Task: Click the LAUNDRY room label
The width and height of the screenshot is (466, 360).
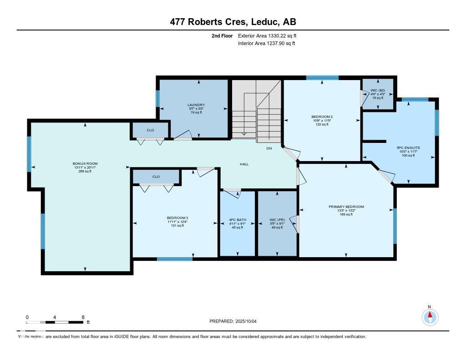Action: pyautogui.click(x=193, y=104)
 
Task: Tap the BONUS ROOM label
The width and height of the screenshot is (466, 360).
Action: pyautogui.click(x=85, y=163)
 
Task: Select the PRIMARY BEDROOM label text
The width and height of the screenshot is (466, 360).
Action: pyautogui.click(x=346, y=207)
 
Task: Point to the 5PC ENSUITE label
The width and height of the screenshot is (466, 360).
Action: pyautogui.click(x=408, y=148)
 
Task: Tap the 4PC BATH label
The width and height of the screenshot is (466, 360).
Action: pyautogui.click(x=237, y=220)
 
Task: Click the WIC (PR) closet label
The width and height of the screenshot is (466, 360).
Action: pyautogui.click(x=277, y=220)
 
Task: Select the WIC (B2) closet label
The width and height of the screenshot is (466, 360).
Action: pyautogui.click(x=377, y=91)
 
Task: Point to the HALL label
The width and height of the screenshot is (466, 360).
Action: pyautogui.click(x=244, y=164)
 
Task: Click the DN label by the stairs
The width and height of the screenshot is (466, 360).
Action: pyautogui.click(x=269, y=148)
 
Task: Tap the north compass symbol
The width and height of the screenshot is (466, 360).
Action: pyautogui.click(x=429, y=316)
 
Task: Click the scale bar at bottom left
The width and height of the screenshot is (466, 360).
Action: pyautogui.click(x=55, y=322)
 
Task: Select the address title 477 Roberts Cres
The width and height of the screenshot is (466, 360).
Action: pyautogui.click(x=233, y=22)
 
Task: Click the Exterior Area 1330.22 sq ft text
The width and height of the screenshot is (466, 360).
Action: pyautogui.click(x=267, y=35)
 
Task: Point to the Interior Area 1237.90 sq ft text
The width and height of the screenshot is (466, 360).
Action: pyautogui.click(x=267, y=43)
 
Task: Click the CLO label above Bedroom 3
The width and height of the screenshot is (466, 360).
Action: pyautogui.click(x=156, y=176)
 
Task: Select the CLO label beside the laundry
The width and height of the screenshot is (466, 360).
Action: pyautogui.click(x=150, y=130)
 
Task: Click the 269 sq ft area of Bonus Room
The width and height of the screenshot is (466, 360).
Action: pyautogui.click(x=85, y=171)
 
